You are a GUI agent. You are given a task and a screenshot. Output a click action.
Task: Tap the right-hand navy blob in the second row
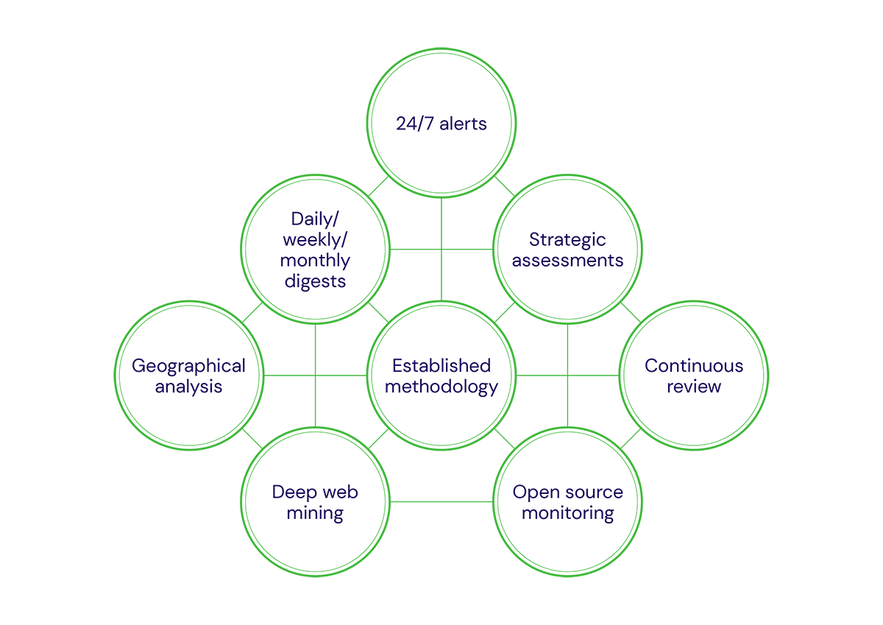click(x=567, y=249)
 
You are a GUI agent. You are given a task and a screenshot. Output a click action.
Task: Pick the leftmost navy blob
click(x=189, y=375)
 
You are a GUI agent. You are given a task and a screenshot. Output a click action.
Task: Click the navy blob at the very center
click(x=441, y=375)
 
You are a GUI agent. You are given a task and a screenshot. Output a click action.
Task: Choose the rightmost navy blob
click(x=694, y=375)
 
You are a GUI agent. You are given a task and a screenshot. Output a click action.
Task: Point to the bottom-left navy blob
click(x=316, y=503)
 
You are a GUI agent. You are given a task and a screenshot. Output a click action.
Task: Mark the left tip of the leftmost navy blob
click(x=127, y=365)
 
